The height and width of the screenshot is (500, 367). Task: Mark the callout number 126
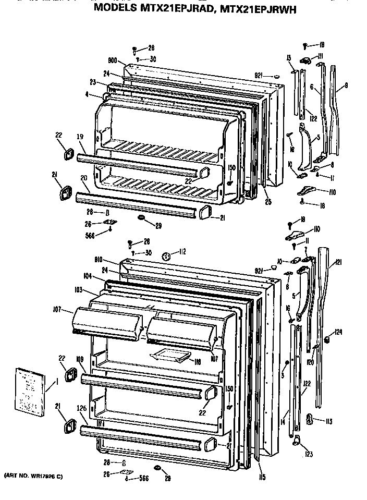(x=82, y=409)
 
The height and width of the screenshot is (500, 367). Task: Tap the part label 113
(x=328, y=421)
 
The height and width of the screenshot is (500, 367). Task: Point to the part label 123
(x=309, y=454)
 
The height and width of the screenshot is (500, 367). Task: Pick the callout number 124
(x=338, y=332)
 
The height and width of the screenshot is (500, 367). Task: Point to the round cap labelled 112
(x=167, y=256)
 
